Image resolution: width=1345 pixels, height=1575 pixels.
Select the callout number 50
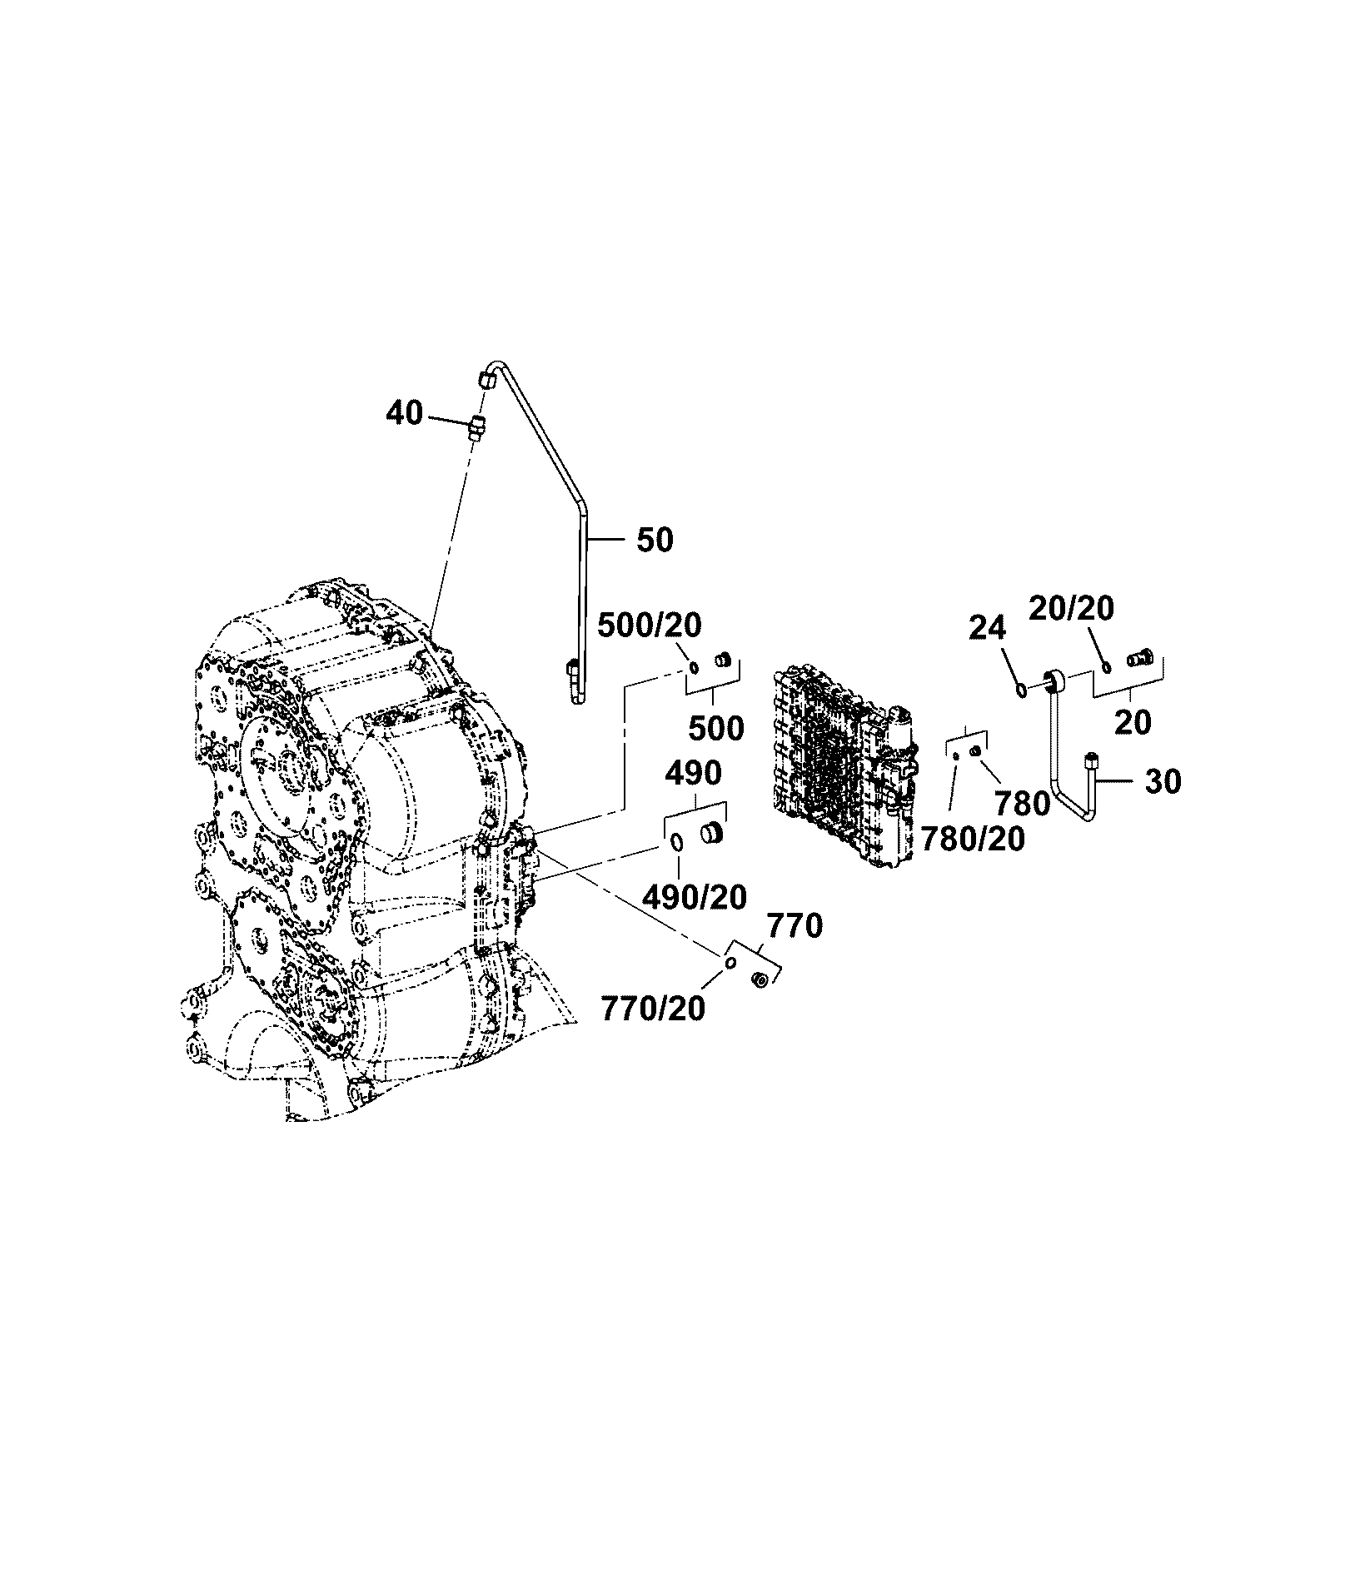click(655, 540)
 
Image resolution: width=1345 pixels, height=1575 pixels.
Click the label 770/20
click(652, 1009)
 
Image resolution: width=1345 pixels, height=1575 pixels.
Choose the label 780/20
click(973, 840)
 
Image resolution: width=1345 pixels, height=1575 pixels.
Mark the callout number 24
click(988, 627)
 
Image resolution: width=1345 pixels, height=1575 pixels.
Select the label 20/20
click(1072, 609)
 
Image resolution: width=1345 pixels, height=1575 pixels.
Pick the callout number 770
click(794, 925)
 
